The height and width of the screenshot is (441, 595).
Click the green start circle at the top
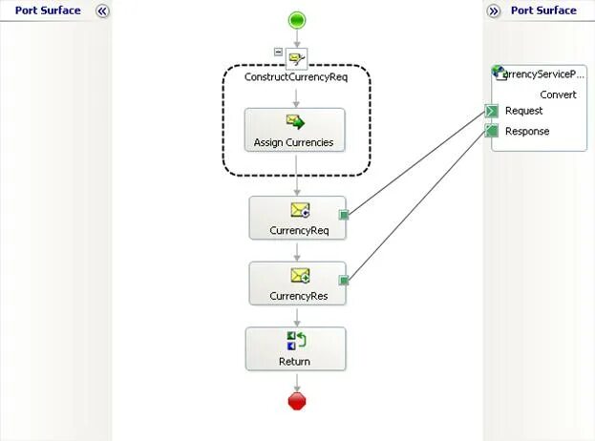click(x=296, y=20)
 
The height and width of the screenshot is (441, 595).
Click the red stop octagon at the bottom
click(x=296, y=401)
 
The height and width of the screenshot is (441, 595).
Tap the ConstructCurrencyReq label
click(x=296, y=77)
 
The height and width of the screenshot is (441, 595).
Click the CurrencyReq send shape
click(x=296, y=218)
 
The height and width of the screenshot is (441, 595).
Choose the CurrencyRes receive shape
click(x=296, y=283)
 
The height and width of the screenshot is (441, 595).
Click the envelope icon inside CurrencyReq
click(x=299, y=209)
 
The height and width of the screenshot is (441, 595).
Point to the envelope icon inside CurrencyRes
click(x=299, y=276)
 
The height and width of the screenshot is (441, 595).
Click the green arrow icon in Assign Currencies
click(x=296, y=122)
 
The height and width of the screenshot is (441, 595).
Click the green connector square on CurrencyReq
click(x=344, y=215)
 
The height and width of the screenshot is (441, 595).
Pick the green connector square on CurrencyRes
click(x=344, y=281)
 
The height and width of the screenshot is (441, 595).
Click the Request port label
click(x=523, y=112)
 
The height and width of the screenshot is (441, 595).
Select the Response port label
click(x=527, y=132)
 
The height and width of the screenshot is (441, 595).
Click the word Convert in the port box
click(x=558, y=94)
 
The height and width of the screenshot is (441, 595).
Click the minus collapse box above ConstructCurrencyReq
click(x=278, y=52)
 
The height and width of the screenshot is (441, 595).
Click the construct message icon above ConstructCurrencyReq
click(x=296, y=58)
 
